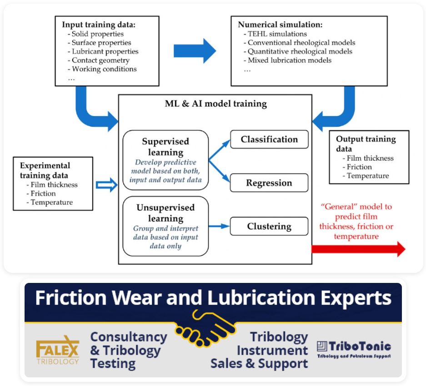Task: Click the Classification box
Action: click(269, 139)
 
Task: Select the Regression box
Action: click(269, 183)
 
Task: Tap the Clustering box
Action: click(269, 226)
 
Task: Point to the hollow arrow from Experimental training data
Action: click(107, 185)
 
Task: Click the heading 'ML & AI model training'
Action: click(216, 104)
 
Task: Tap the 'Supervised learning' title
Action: click(165, 147)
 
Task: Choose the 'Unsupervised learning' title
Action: click(165, 213)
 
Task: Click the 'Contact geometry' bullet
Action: click(100, 60)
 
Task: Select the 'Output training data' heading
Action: click(366, 144)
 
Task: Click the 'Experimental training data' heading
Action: click(45, 170)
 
